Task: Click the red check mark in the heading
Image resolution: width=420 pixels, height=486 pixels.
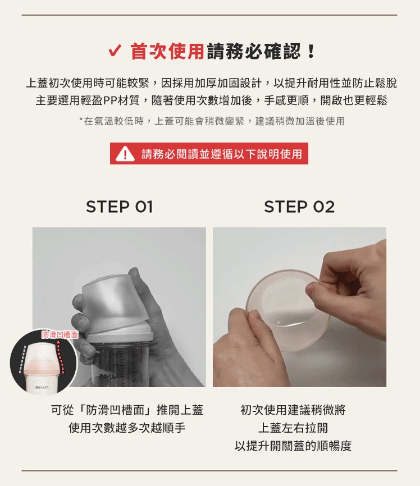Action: click(115, 51)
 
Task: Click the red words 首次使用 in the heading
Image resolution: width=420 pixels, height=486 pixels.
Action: click(167, 51)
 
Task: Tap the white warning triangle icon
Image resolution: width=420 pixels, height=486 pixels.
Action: click(125, 154)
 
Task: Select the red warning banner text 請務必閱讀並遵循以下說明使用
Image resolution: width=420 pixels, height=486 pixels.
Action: click(222, 154)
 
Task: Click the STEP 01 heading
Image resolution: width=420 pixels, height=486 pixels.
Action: click(120, 207)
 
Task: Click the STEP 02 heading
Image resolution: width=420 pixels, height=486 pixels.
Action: click(299, 207)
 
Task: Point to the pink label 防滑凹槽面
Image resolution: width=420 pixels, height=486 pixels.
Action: click(60, 334)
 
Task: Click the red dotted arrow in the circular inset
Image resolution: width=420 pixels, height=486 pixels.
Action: click(61, 356)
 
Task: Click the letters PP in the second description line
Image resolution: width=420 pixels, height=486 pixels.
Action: click(109, 100)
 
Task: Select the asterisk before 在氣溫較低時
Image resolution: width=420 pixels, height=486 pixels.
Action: click(81, 120)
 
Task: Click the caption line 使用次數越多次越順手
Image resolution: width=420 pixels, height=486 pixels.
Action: click(127, 428)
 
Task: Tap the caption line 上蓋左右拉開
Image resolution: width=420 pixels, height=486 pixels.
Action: click(293, 428)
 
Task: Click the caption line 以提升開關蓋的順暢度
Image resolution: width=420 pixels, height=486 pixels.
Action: click(293, 446)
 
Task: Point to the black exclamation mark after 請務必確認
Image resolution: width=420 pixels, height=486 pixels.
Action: click(310, 51)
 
